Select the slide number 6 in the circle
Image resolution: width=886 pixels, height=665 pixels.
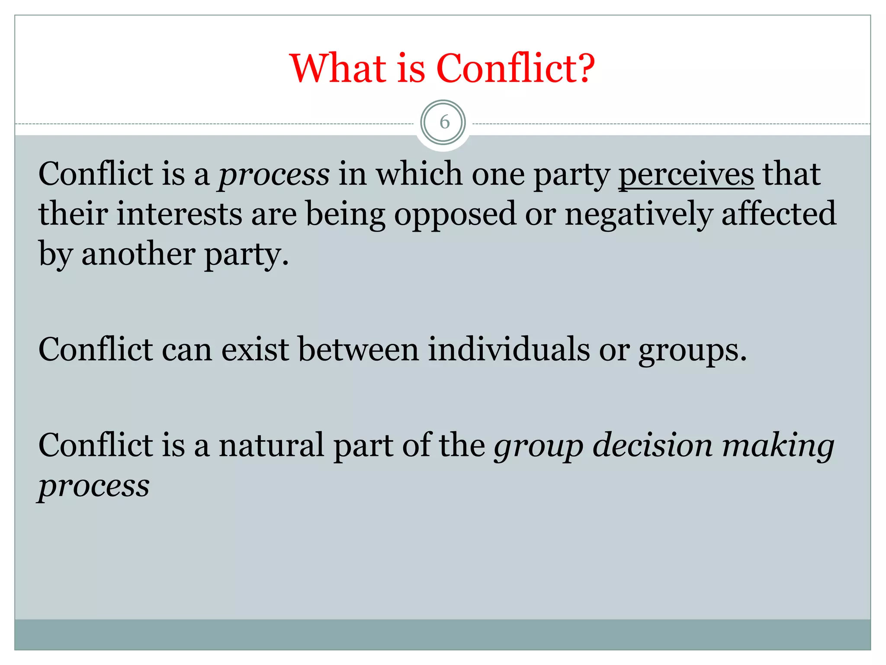(x=444, y=123)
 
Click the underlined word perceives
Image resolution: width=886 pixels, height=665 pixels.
(x=686, y=174)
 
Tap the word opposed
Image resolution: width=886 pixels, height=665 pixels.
(x=455, y=214)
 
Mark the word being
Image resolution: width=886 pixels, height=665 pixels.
(x=346, y=214)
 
